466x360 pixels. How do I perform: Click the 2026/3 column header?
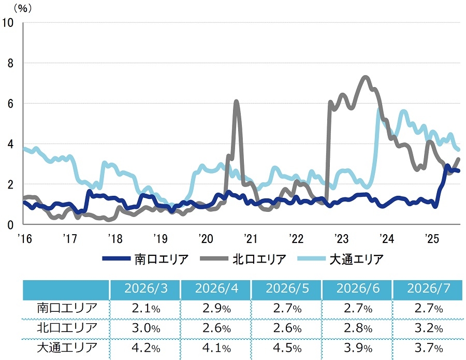(x=145, y=289)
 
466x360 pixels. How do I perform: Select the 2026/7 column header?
(x=429, y=289)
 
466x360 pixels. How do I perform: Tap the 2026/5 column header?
(x=287, y=289)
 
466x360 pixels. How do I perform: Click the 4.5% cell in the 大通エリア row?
(x=287, y=348)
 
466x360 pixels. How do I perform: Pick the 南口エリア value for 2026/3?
(x=145, y=309)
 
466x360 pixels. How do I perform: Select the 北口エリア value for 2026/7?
(x=429, y=328)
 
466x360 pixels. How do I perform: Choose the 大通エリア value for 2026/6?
(x=358, y=348)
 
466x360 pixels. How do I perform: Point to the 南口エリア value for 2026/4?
(x=216, y=309)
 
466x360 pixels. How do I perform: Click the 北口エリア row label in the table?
(x=67, y=328)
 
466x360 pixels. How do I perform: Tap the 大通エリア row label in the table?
(x=67, y=348)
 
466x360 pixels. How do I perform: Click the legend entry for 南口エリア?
(x=145, y=259)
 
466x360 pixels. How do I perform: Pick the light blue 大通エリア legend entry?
(x=341, y=259)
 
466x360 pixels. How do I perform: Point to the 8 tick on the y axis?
(x=10, y=63)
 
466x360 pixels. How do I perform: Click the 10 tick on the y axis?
(x=8, y=23)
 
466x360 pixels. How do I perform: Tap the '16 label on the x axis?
(x=25, y=238)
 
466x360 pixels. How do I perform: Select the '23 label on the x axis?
(x=342, y=238)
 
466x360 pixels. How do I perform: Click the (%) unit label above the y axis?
(x=23, y=8)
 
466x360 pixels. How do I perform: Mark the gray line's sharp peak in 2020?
(x=236, y=102)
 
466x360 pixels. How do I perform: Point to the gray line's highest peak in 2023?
(x=365, y=77)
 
